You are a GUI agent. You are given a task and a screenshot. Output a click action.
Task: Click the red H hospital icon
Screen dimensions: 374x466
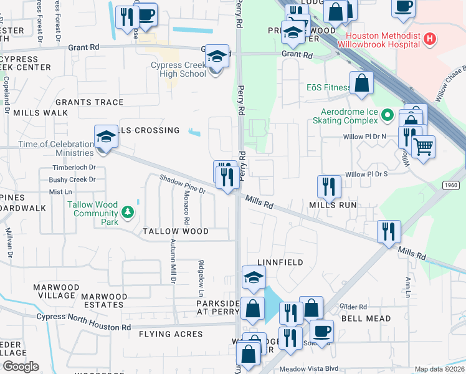429,39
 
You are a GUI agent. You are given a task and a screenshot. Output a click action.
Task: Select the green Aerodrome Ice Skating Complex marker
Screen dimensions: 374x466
387,115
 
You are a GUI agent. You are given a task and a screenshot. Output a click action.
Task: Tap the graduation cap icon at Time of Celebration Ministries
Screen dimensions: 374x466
106,138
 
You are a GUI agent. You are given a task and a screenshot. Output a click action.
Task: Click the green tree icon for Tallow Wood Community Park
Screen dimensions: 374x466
128,213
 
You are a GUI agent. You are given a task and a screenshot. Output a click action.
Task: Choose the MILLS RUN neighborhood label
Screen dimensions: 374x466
332,204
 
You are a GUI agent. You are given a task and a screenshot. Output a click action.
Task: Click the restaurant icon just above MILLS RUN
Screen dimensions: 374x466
329,186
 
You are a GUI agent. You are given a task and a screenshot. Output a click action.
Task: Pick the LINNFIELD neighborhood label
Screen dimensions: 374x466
280,263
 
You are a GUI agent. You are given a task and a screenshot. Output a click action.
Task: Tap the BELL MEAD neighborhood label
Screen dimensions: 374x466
367,319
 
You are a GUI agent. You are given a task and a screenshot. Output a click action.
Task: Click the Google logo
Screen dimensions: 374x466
21,367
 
